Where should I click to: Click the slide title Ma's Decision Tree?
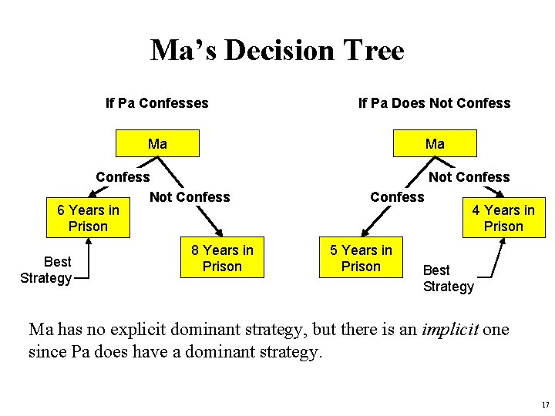click(x=277, y=51)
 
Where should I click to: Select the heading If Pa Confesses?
click(x=156, y=102)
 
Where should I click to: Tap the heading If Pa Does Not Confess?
click(x=434, y=102)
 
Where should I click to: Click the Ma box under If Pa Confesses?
click(x=157, y=144)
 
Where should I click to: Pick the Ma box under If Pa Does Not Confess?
click(x=435, y=144)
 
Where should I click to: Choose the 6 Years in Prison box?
click(x=88, y=218)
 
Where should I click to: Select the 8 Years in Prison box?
click(x=222, y=258)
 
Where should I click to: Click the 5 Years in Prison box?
click(x=361, y=258)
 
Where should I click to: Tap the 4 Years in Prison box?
click(x=503, y=218)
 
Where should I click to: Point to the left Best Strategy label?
click(x=46, y=270)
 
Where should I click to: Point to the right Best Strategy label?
click(x=448, y=278)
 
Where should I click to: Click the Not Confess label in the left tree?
click(x=190, y=196)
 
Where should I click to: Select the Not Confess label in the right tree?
click(x=469, y=176)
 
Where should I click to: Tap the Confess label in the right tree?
click(x=397, y=196)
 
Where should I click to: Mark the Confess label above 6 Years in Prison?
click(x=123, y=176)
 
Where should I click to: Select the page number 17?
click(x=545, y=404)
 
